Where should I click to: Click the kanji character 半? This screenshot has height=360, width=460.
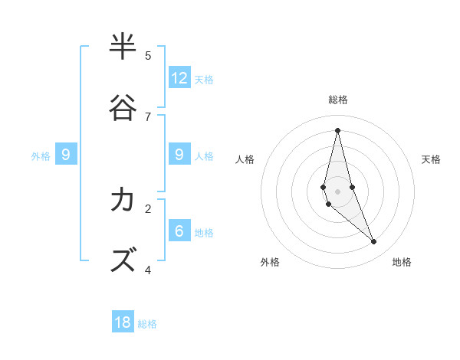[123, 47]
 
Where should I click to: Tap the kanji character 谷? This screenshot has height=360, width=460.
[123, 108]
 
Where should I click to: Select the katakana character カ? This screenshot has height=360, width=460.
[123, 200]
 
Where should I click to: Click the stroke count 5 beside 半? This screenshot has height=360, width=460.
[148, 55]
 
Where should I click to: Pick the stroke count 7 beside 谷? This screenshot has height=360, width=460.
[148, 116]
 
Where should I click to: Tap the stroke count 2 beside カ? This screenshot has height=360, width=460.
[148, 208]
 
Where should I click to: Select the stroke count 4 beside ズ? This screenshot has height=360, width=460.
[148, 270]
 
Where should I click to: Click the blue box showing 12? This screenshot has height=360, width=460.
[179, 77]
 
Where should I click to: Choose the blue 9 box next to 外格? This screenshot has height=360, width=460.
[66, 154]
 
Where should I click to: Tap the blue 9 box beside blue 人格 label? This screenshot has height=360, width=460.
[179, 154]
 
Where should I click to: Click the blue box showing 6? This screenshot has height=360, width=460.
[179, 231]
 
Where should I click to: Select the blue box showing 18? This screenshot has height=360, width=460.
[123, 322]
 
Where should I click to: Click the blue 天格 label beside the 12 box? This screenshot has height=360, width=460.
[204, 79]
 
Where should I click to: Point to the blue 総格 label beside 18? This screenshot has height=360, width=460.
[147, 324]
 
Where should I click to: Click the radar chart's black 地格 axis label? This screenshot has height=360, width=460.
[402, 262]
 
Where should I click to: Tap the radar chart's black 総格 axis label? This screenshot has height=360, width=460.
[338, 100]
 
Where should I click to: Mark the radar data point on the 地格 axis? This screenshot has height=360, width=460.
[374, 241]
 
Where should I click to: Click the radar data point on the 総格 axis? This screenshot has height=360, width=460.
[337, 130]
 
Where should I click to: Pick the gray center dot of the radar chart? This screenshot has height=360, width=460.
[337, 191]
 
